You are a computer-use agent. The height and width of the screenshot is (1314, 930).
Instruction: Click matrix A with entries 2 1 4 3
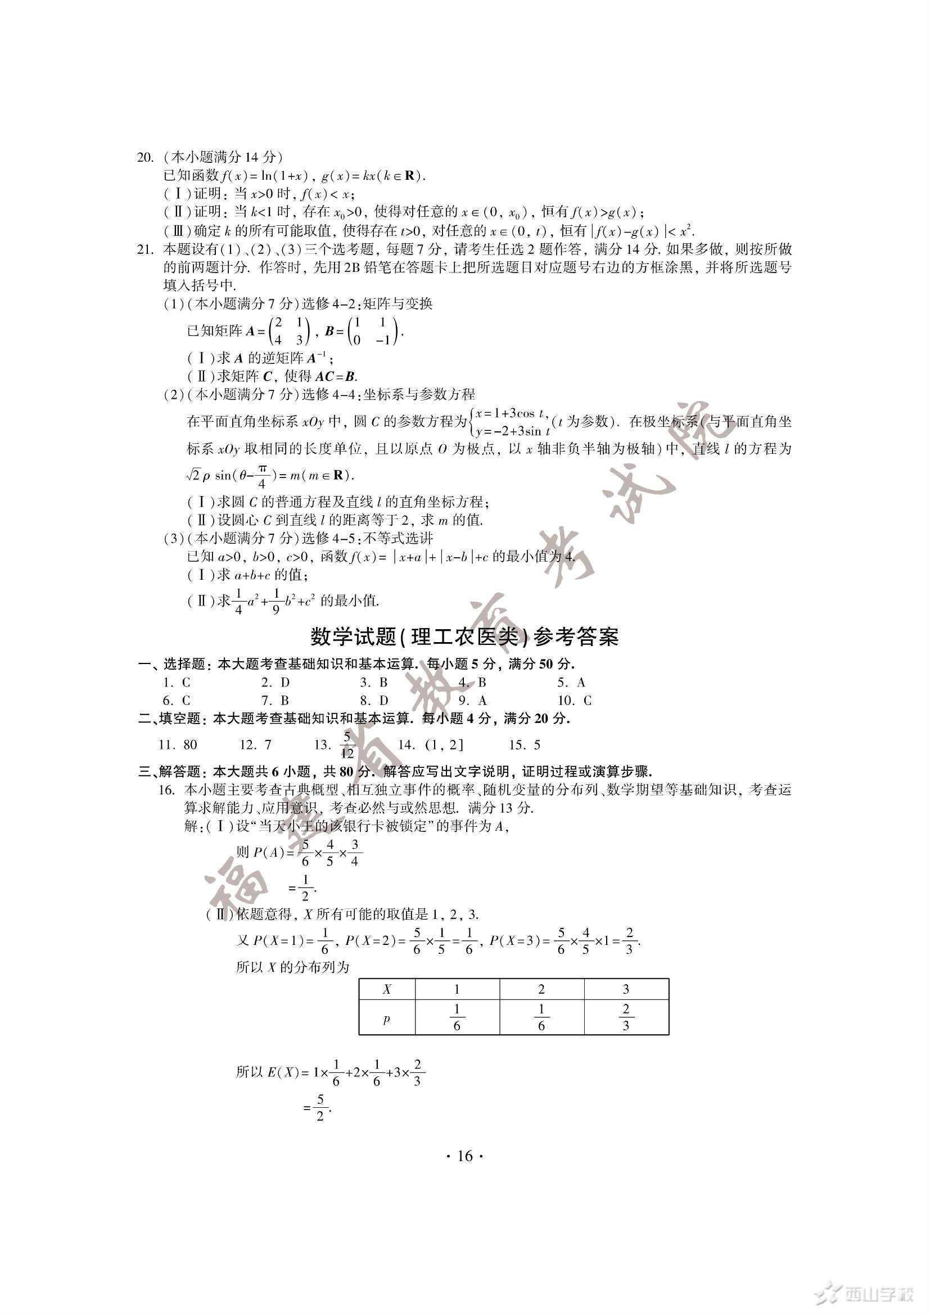coord(288,331)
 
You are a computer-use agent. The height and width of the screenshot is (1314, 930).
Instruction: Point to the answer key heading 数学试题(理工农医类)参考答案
coord(464,637)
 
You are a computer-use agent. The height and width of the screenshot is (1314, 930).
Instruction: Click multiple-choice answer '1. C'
coord(177,682)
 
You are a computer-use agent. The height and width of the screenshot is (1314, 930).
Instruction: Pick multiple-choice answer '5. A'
coord(571,682)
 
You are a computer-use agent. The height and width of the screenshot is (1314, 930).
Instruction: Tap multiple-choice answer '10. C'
coord(575,701)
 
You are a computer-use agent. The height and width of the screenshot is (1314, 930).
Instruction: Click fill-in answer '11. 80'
coord(178,744)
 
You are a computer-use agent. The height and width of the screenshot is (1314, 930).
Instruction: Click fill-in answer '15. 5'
coord(525,744)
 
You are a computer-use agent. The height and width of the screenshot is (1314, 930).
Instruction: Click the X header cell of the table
coord(386,989)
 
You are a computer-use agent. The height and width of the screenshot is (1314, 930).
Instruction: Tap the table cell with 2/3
coord(626,1017)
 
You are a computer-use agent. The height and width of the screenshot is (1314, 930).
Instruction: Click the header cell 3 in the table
coord(626,989)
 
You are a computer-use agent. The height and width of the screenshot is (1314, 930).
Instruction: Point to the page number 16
coord(464,1157)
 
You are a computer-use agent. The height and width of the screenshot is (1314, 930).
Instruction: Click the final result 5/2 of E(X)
coord(320,1108)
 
